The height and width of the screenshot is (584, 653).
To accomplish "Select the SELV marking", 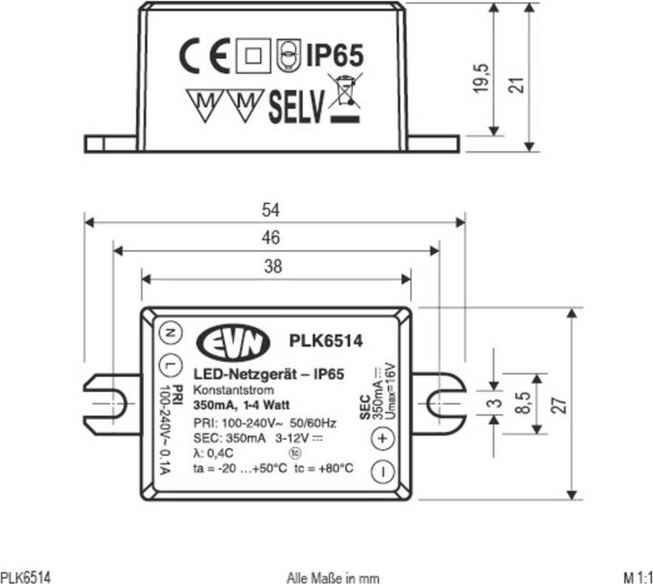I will click(x=296, y=108).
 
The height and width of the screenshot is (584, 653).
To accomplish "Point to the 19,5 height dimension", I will click(x=483, y=79).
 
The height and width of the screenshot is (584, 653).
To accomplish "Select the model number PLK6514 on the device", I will click(x=326, y=342).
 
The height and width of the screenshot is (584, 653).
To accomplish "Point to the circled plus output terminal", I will click(x=381, y=438).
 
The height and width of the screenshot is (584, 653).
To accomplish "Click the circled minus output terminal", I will click(x=381, y=472).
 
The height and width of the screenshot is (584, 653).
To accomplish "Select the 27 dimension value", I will click(x=562, y=404).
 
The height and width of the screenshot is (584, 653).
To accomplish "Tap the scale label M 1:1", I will click(x=637, y=577).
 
